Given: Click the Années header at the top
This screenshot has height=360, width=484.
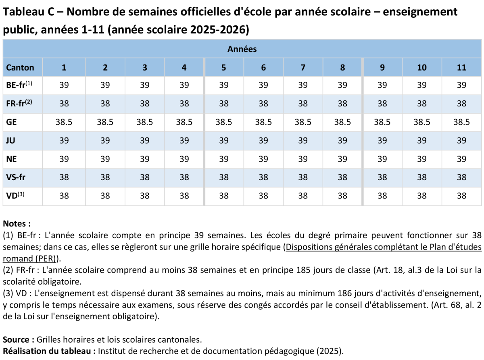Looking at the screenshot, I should pyautogui.click(x=242, y=49).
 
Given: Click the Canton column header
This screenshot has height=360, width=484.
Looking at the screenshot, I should pyautogui.click(x=20, y=68).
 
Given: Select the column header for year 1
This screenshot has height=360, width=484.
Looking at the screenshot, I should pyautogui.click(x=64, y=68).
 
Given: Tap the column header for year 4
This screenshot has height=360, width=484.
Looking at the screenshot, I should pyautogui.click(x=184, y=68).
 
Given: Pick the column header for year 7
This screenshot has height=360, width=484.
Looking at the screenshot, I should pyautogui.click(x=303, y=68).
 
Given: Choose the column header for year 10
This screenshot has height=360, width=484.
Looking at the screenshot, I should pyautogui.click(x=422, y=68).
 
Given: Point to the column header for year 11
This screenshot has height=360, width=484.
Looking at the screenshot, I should pyautogui.click(x=462, y=68).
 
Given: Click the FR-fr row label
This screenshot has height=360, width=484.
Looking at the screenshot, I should pyautogui.click(x=19, y=104).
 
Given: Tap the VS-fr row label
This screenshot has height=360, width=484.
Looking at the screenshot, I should pyautogui.click(x=16, y=177).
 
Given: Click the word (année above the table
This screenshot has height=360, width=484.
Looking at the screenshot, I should pyautogui.click(x=125, y=30).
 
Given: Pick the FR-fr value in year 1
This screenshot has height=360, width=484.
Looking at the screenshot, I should pyautogui.click(x=64, y=104).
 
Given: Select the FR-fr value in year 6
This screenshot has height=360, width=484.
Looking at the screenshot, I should pyautogui.click(x=263, y=104).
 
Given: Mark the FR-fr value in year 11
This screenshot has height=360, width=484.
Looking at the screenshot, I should pyautogui.click(x=462, y=104).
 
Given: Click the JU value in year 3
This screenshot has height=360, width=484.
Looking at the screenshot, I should pyautogui.click(x=145, y=141).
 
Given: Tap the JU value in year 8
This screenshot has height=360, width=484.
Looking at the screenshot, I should pyautogui.click(x=342, y=141).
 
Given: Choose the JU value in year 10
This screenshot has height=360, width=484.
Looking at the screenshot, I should pyautogui.click(x=422, y=141).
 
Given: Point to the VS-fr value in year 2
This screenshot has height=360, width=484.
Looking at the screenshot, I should pyautogui.click(x=105, y=177).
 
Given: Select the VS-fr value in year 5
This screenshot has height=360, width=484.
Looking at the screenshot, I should pyautogui.click(x=224, y=177).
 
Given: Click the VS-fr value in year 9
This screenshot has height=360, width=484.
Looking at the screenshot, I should pyautogui.click(x=382, y=177).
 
